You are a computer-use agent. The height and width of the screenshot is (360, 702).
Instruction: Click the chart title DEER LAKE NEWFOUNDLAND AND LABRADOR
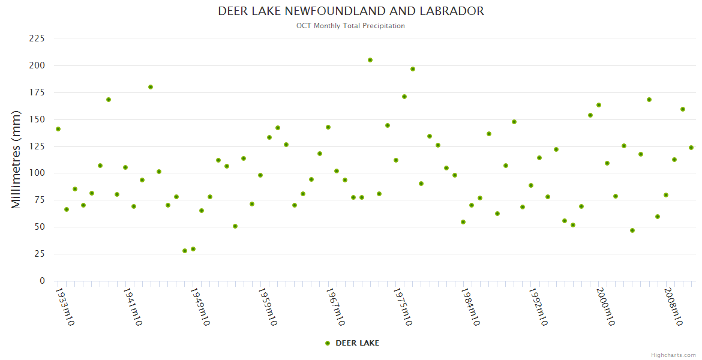[x=351, y=11]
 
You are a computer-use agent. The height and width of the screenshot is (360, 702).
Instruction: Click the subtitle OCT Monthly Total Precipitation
[x=350, y=26]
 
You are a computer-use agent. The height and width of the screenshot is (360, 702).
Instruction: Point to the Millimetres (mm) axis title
[x=16, y=160]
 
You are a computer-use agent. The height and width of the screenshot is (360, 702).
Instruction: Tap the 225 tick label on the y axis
[x=37, y=38]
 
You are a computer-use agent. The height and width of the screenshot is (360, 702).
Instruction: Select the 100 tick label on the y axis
[x=37, y=173]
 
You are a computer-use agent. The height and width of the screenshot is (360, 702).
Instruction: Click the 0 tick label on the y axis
[x=42, y=281]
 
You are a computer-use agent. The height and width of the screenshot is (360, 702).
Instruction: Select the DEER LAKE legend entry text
[x=357, y=343]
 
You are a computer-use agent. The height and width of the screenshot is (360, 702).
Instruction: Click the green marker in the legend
[x=327, y=343]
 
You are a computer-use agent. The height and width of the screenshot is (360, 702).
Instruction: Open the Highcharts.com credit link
[x=673, y=355]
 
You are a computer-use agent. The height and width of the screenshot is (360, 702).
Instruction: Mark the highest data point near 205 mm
[x=370, y=60]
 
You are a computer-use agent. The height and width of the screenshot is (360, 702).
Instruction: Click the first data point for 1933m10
[x=58, y=129]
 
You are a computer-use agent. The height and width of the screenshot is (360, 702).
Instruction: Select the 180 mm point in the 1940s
[x=151, y=87]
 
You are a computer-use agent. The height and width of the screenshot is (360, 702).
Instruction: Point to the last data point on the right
[x=691, y=148]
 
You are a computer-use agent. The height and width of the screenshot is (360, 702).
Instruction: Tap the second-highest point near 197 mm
[x=412, y=69]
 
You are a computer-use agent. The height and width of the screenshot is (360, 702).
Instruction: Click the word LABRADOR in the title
[x=454, y=11]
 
